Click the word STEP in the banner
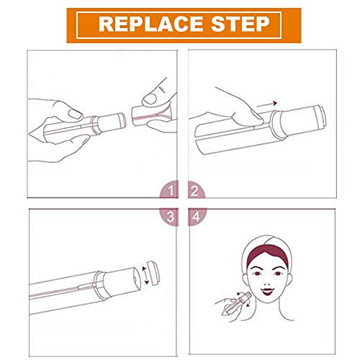click(240, 24)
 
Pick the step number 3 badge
click(169, 217)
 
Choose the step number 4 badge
click(197, 217)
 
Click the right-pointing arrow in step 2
click(267, 104)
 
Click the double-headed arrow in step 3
click(145, 275)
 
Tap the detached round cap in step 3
click(153, 273)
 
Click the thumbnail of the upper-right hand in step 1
click(150, 99)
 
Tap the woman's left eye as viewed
click(257, 274)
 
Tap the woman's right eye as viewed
click(278, 274)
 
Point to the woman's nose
click(267, 283)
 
